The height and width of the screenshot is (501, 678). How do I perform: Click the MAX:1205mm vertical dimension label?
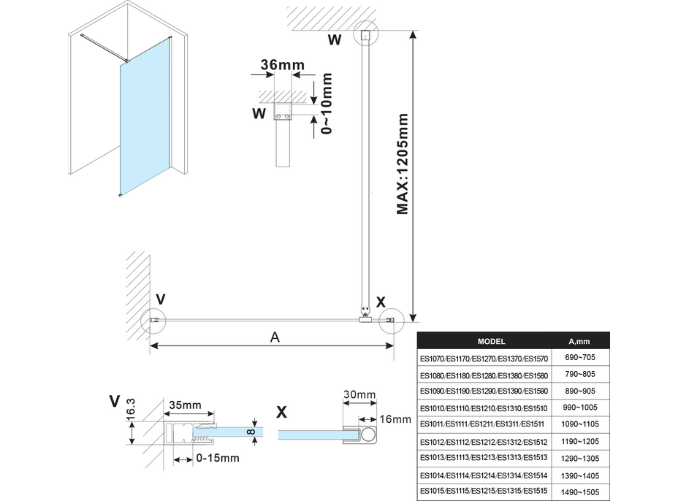pyautogui.click(x=403, y=164)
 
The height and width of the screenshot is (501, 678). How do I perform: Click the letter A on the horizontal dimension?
pyautogui.click(x=275, y=337)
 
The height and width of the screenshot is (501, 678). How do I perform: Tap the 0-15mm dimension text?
pyautogui.click(x=218, y=458)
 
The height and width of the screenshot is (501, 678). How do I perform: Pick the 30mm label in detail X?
pyautogui.click(x=360, y=395)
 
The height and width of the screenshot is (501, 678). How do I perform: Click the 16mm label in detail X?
pyautogui.click(x=397, y=419)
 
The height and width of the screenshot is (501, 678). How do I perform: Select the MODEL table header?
pyautogui.click(x=491, y=341)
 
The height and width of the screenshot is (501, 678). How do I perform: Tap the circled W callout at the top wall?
pyautogui.click(x=366, y=35)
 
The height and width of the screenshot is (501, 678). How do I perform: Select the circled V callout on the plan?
pyautogui.click(x=156, y=320)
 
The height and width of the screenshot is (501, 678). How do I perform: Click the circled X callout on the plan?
pyautogui.click(x=390, y=320)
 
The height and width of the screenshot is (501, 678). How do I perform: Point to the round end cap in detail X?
pyautogui.click(x=367, y=436)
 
